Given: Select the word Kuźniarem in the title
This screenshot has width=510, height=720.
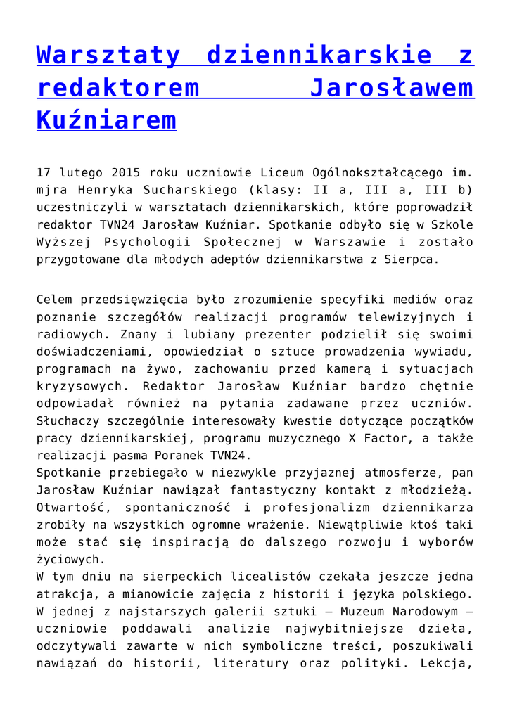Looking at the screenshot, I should point(106,120).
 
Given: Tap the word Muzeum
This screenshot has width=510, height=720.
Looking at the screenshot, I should point(343,611).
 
